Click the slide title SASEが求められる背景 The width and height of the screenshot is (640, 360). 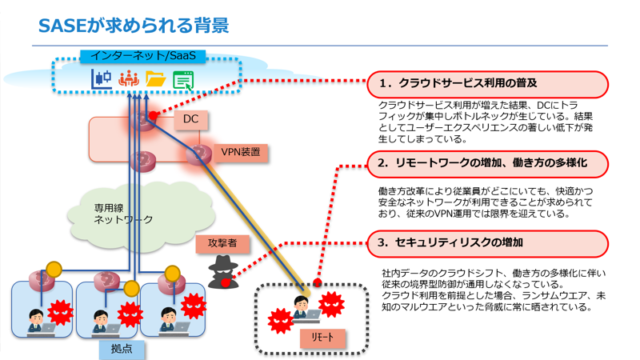[x=134, y=26]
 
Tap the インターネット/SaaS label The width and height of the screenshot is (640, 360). [x=143, y=56]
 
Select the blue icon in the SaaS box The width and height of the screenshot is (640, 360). [x=101, y=78]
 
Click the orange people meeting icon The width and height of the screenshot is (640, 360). [x=128, y=78]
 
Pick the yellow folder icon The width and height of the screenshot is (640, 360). [x=155, y=78]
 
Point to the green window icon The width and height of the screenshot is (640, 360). [x=183, y=79]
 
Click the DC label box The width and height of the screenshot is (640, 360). [x=190, y=120]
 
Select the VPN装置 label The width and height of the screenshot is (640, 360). [x=240, y=151]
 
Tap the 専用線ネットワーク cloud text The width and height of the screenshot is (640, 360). [x=123, y=212]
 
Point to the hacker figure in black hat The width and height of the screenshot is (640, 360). [x=223, y=270]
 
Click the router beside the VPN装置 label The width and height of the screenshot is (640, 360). [x=199, y=154]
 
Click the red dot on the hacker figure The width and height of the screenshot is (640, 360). [x=226, y=282]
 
